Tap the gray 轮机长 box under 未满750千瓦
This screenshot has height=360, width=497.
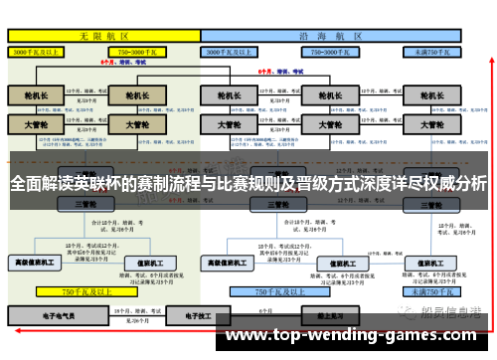(432, 96)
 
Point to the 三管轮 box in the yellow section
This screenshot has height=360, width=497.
(84, 203)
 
